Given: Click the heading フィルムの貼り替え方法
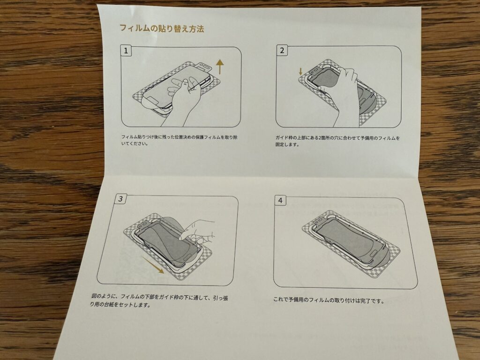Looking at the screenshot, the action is (162, 29).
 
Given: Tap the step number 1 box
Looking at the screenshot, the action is (126, 51).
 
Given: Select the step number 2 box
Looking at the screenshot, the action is (282, 50).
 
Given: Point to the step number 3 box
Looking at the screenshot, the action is (120, 199).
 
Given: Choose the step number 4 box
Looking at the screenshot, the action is (280, 201).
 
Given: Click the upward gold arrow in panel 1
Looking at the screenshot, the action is (220, 67).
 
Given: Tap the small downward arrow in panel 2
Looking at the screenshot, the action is (300, 71).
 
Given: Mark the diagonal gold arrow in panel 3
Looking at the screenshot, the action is (153, 265).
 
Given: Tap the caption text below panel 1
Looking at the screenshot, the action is (180, 140).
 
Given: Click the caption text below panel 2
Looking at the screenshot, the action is (337, 141).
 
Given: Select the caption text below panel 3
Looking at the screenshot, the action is (159, 301).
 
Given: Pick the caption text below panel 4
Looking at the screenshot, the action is (329, 300).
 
